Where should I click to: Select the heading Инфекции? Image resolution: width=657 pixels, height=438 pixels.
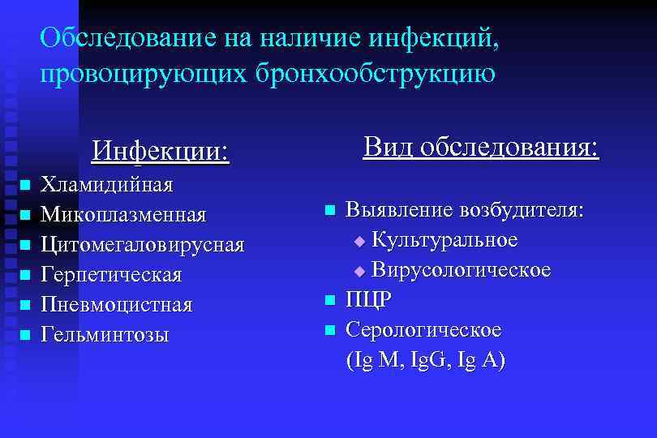pos(161,151)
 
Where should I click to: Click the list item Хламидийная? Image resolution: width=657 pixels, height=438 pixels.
pos(107,185)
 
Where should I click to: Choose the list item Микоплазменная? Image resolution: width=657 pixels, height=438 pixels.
pos(123,215)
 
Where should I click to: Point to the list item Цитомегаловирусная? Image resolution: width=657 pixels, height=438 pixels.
pos(142,245)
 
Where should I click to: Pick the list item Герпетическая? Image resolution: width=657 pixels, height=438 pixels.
pos(111,275)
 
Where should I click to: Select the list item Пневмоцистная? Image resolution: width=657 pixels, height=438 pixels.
pos(117,305)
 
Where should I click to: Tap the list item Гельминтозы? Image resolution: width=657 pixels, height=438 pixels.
pos(105,334)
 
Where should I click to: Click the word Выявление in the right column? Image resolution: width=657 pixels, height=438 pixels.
pos(399,210)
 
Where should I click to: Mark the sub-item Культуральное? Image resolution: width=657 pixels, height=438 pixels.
pos(444,240)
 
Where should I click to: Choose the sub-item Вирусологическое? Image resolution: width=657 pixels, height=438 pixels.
pos(461,270)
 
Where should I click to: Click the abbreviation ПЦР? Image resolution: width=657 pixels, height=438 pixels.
pos(369,300)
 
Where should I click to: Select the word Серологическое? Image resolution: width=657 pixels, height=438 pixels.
pos(423,330)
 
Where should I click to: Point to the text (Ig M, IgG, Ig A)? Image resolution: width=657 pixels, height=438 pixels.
pos(425,360)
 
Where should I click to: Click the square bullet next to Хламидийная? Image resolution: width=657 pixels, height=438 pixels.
pos(24,187)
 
